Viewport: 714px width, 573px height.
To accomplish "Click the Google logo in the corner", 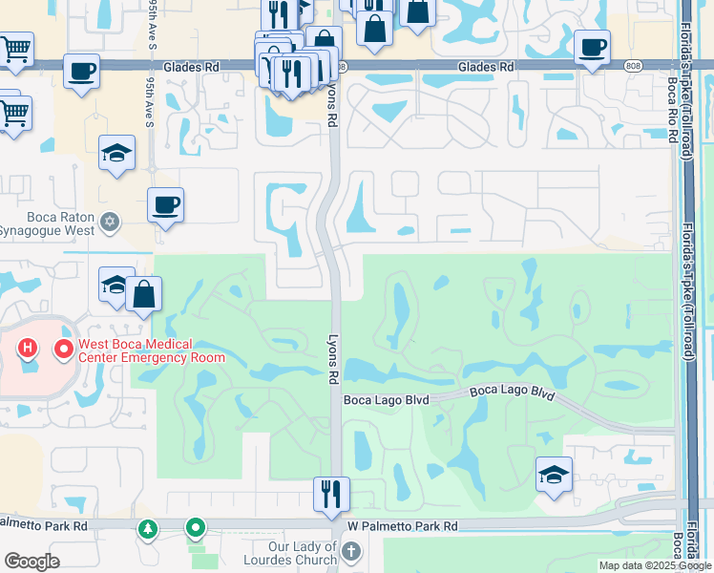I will (x=31, y=562).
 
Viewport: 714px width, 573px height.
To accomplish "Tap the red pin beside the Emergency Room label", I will (x=64, y=350).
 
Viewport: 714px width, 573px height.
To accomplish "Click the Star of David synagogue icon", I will (x=111, y=223).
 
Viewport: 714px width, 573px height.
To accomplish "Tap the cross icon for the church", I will (x=351, y=551).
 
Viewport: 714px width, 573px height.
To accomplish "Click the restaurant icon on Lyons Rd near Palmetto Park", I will (x=331, y=494).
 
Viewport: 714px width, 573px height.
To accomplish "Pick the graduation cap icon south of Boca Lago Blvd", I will (x=554, y=475).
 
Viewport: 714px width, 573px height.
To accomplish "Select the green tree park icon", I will (x=147, y=527).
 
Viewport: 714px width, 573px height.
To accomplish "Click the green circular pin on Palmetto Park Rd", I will (x=196, y=526).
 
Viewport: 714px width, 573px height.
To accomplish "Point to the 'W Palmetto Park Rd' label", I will (x=403, y=526).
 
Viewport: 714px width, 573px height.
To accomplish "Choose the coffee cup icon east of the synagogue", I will (x=165, y=204).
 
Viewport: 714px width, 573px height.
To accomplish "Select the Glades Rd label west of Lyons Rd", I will (x=191, y=68).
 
